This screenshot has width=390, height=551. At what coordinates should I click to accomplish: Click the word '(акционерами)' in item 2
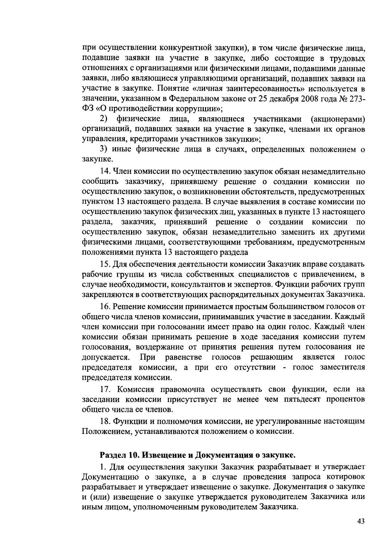click(338, 119)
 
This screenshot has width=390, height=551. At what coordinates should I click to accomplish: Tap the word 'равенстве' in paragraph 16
click(184, 357)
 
